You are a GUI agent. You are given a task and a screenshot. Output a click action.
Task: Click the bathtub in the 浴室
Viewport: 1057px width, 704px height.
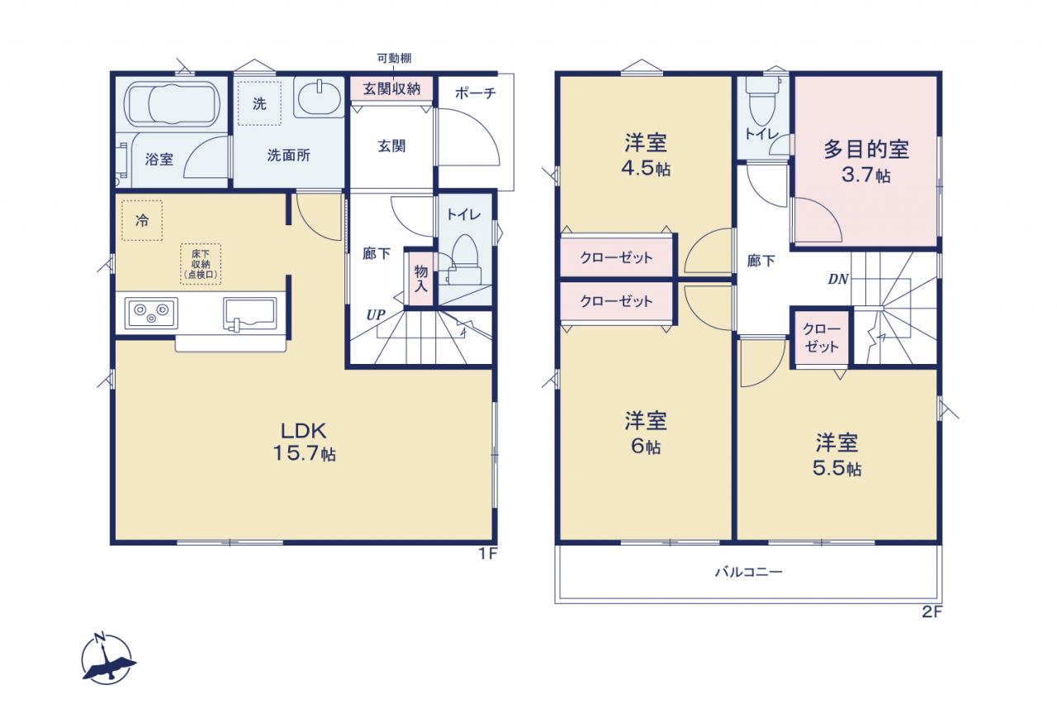coord(172,104)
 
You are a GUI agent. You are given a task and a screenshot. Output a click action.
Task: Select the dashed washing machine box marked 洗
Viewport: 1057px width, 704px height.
coord(259,104)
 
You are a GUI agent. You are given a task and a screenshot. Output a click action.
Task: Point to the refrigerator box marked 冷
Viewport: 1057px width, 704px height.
coord(142,220)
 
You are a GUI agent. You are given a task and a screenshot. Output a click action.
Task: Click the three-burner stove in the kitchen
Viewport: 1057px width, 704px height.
coord(151,313)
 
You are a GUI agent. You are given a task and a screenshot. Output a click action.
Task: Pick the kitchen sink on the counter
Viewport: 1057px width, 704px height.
coord(249,314)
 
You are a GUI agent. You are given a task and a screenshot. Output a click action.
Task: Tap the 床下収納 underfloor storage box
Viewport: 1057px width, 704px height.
coord(201,264)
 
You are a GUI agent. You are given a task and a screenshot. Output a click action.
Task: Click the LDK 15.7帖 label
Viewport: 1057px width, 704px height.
coord(305,442)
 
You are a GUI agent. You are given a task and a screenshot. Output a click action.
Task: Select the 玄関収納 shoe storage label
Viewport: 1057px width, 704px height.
coord(391,88)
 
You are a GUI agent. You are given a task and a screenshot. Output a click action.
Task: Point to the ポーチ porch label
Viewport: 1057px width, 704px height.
coord(475,93)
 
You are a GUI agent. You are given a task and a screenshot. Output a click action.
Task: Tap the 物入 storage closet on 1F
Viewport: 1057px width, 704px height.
coord(421,278)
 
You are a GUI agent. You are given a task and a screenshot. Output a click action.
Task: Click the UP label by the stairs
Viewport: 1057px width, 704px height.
coord(376,314)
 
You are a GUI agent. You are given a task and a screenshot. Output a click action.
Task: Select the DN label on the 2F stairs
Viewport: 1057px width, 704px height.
coord(838,279)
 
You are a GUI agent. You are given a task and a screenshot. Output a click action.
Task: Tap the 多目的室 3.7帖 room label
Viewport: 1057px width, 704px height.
coord(866,162)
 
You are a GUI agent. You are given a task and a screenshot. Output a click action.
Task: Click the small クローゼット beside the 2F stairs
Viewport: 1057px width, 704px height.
coord(822,338)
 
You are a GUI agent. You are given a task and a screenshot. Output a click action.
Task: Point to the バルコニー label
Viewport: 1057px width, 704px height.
coord(749,572)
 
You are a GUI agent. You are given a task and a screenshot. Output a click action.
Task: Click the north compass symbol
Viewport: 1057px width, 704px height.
coord(107,659)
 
